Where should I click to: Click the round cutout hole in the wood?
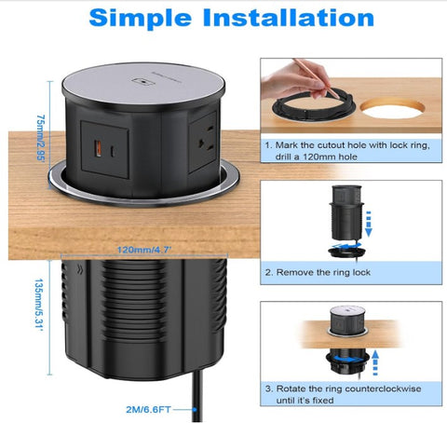pyautogui.click(x=396, y=109)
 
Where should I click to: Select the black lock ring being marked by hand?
pyautogui.click(x=306, y=110)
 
